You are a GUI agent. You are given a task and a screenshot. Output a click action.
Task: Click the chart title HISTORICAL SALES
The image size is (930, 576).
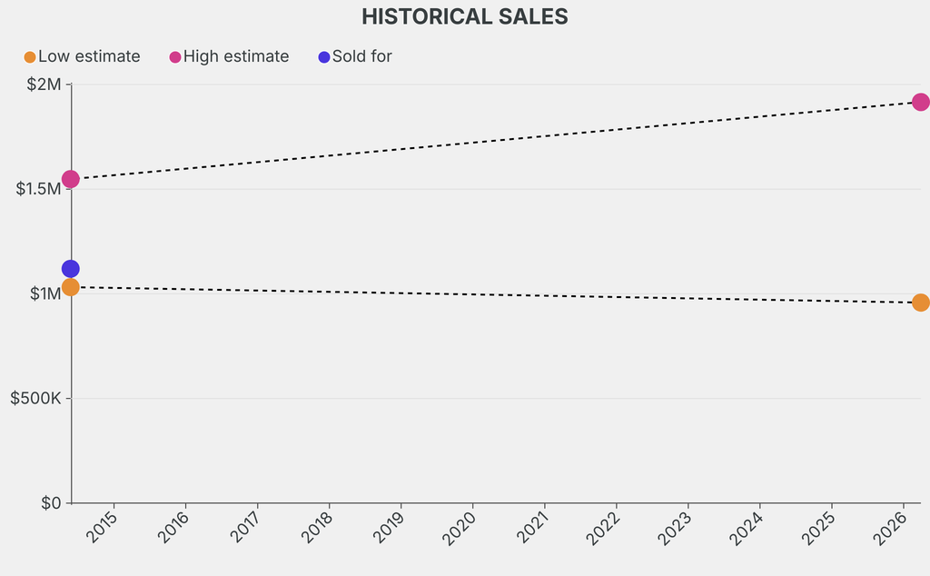pos(464,16)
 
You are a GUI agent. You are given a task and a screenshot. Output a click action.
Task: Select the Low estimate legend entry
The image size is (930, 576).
pos(88,56)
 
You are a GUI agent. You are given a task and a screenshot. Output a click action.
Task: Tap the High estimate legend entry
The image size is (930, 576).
pos(235,56)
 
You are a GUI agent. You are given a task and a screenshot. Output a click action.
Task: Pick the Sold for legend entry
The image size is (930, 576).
pos(361,56)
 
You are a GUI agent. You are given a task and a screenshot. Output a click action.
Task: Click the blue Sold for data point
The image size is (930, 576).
pos(70,269)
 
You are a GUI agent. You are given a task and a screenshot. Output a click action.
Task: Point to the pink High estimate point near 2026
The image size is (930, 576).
pos(920,102)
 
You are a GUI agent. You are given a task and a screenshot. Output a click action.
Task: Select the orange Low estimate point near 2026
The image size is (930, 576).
pos(920,303)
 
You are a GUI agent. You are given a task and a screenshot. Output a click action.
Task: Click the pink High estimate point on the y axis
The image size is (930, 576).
pos(70,179)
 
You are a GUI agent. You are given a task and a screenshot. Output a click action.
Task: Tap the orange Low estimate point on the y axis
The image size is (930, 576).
pos(70,287)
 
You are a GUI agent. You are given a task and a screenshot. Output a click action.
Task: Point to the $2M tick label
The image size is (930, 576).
pos(43,84)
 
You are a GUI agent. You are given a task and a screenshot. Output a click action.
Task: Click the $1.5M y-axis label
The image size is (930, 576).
pos(37,189)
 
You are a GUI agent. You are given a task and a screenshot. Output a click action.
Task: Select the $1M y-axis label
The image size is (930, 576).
pos(43,293)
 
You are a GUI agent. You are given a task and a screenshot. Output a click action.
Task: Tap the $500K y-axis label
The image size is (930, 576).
pos(35,398)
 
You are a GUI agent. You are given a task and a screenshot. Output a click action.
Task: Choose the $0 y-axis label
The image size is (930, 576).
pos(50,503)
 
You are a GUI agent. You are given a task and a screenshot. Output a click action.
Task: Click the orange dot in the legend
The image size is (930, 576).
pos(30,57)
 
